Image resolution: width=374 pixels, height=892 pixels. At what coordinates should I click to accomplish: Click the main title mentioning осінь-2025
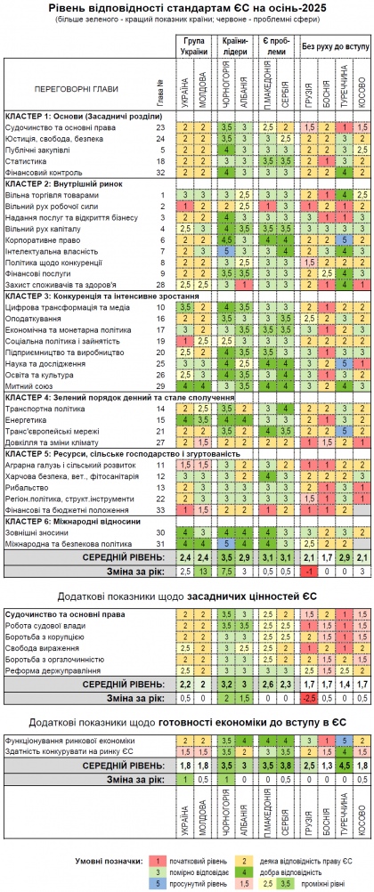pos(186,7)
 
